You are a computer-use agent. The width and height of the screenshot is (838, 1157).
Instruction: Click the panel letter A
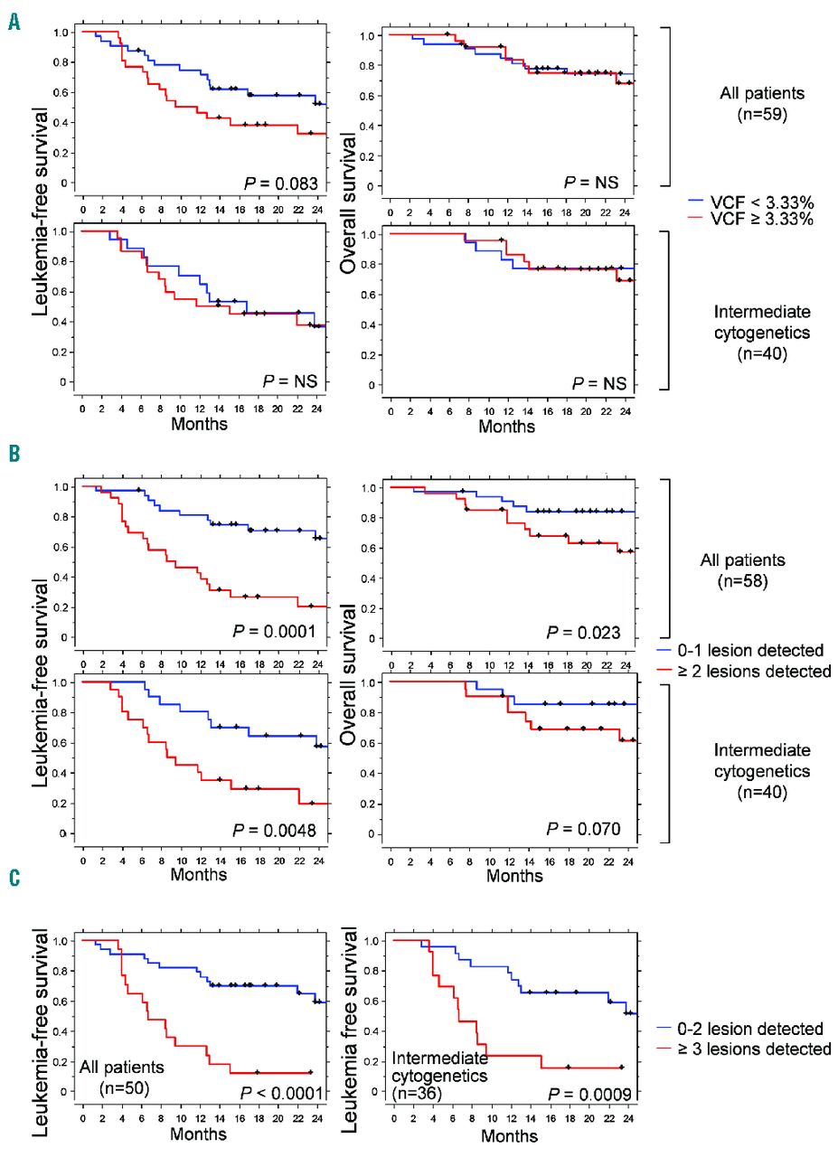coord(14,21)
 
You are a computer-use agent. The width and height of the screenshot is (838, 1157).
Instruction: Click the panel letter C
coord(14,879)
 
